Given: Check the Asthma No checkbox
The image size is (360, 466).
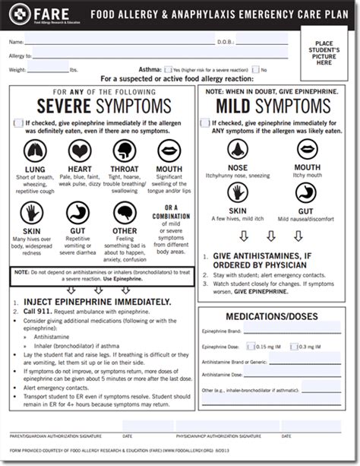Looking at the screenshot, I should pyautogui.click(x=255, y=69).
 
